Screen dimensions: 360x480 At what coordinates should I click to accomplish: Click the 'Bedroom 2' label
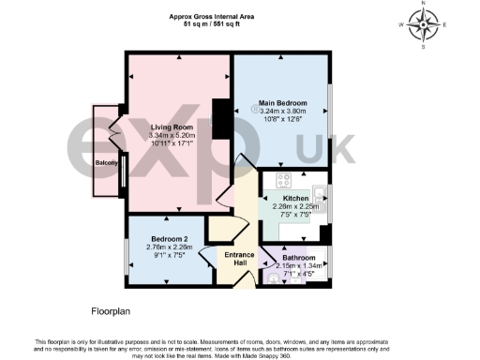[170, 238]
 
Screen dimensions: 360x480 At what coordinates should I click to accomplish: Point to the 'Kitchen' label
[295, 199]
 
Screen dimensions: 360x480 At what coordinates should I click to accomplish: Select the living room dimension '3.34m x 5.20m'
[172, 135]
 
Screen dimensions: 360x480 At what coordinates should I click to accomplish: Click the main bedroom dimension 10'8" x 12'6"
[281, 119]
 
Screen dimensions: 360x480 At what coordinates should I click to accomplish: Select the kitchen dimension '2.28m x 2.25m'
[296, 207]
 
